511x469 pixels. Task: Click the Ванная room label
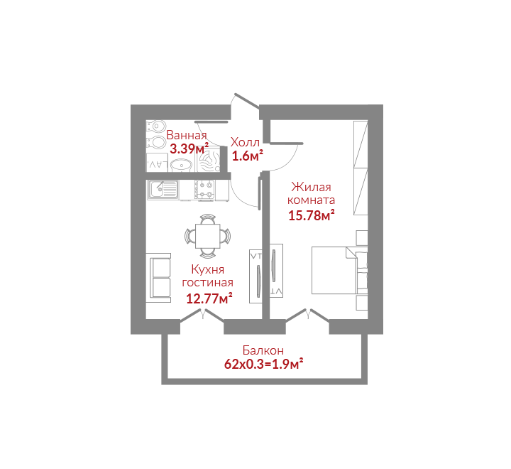pyautogui.click(x=187, y=135)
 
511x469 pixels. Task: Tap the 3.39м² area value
pyautogui.click(x=189, y=149)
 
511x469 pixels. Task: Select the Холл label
pyautogui.click(x=245, y=142)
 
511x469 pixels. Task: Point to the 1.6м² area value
pyautogui.click(x=248, y=156)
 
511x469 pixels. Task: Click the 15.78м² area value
pyautogui.click(x=312, y=215)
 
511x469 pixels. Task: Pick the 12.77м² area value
pyautogui.click(x=209, y=298)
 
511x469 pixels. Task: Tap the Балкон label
pyautogui.click(x=263, y=350)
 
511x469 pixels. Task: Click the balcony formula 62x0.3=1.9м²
pyautogui.click(x=264, y=364)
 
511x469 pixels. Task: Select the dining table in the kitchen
pyautogui.click(x=208, y=236)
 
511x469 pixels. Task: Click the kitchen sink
pyautogui.click(x=164, y=190)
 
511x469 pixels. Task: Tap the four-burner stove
pyautogui.click(x=205, y=190)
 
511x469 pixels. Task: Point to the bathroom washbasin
pyautogui.click(x=182, y=165)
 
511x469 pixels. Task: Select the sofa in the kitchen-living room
pyautogui.click(x=158, y=278)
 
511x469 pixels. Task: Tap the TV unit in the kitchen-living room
pyautogui.click(x=255, y=276)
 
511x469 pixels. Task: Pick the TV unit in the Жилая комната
pyautogui.click(x=276, y=270)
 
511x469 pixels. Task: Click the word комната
pyautogui.click(x=312, y=200)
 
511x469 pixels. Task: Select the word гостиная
pyautogui.click(x=207, y=283)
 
